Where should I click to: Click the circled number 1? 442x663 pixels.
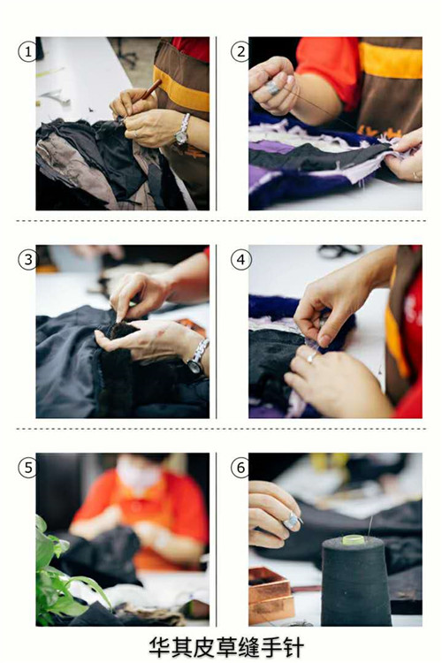click(x=28, y=52)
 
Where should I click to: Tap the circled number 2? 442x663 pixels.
click(x=240, y=52)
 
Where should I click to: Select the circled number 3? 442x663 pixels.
click(x=28, y=260)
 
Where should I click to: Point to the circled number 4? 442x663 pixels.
click(x=240, y=260)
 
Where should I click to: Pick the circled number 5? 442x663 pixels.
click(x=28, y=468)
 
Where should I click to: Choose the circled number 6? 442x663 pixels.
click(x=240, y=468)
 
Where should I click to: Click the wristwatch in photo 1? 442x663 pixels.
click(x=183, y=130)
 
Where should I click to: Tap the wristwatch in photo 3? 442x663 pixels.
click(x=198, y=356)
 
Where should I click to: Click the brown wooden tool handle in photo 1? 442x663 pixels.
click(x=151, y=89)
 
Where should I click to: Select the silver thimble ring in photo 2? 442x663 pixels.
click(x=273, y=88)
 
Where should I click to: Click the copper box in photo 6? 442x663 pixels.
click(x=271, y=595)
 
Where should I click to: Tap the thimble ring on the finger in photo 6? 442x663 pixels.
click(x=292, y=520)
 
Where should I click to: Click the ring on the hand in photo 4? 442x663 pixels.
click(x=311, y=357)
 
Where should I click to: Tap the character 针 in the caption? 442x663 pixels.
click(x=292, y=647)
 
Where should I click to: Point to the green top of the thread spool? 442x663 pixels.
click(x=354, y=539)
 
